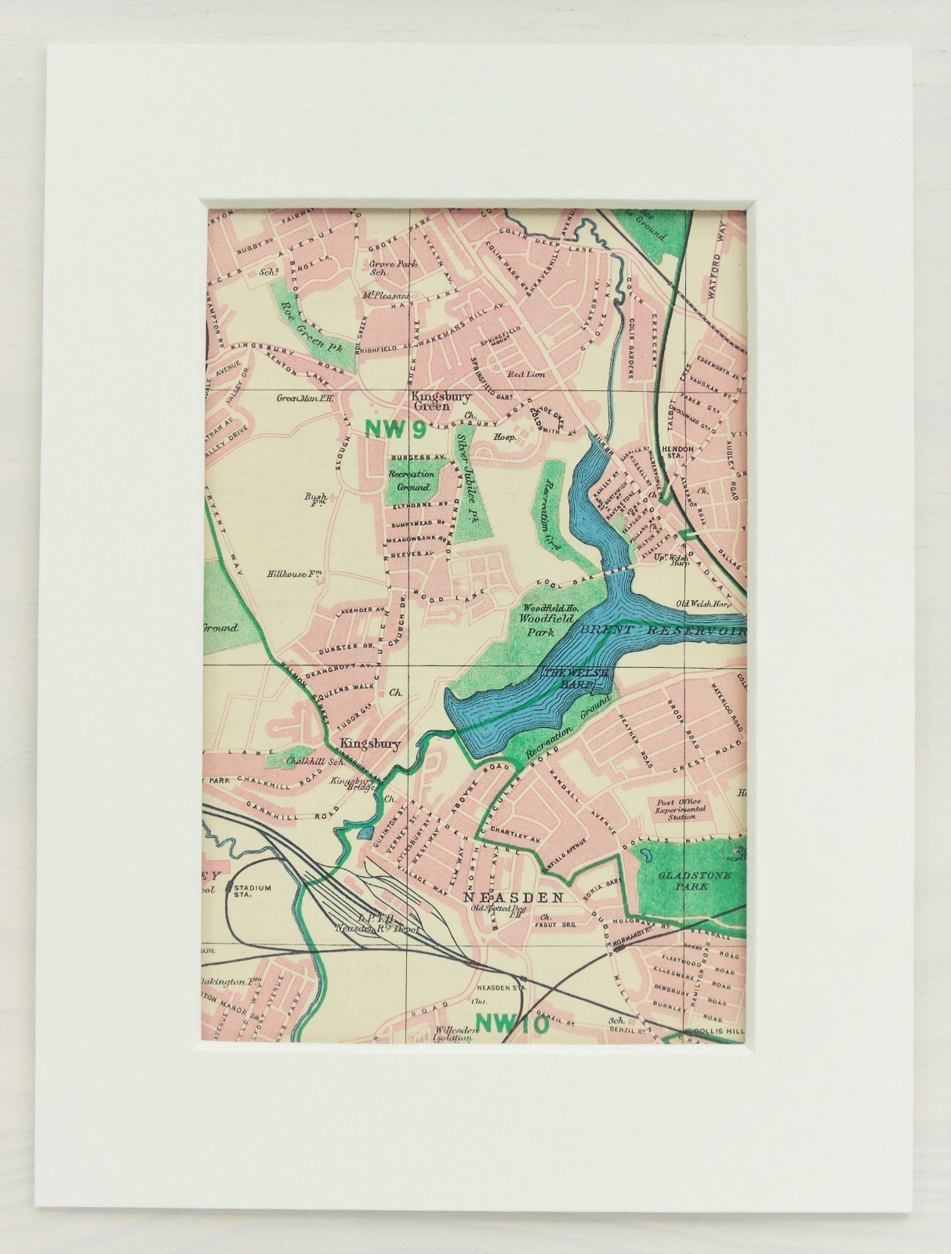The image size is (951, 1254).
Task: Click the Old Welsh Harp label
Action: pos(704,603)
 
